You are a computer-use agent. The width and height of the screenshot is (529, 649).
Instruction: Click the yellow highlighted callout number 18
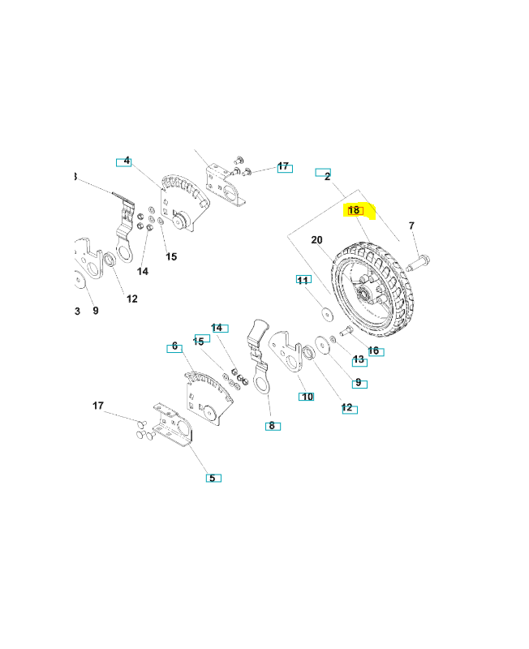[x=355, y=211]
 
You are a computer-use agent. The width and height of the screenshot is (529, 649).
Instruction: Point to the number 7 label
[x=411, y=226]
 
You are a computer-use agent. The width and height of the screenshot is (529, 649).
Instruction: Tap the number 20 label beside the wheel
[x=316, y=240]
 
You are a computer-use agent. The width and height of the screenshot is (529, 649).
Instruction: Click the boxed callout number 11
[x=303, y=280]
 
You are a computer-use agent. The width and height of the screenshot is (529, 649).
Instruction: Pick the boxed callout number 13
[x=359, y=359]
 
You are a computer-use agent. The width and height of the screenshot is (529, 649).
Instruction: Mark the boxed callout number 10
[x=306, y=397]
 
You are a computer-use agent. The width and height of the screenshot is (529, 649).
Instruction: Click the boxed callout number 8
[x=272, y=425]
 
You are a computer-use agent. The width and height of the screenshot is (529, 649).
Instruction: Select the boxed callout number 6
[x=174, y=347]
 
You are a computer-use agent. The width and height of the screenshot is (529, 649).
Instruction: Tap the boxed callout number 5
[x=213, y=478]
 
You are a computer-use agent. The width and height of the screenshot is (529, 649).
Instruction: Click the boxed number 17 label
[x=283, y=166]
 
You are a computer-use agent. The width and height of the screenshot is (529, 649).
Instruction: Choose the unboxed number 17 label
[x=98, y=406]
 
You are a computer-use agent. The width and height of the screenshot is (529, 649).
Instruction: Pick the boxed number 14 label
[x=217, y=328]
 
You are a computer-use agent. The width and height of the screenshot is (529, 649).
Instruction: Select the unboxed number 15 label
[x=171, y=257]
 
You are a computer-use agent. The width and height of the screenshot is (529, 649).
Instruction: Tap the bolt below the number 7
[x=416, y=262]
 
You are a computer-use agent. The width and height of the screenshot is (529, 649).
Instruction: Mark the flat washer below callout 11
[x=325, y=310]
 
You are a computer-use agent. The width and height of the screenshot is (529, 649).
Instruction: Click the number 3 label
[x=77, y=311]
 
